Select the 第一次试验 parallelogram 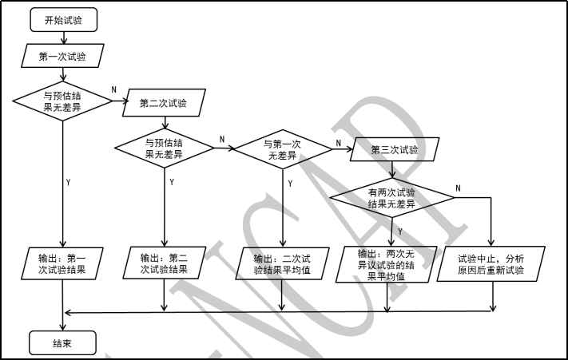(62, 57)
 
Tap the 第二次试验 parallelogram (164, 103)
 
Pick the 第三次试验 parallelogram (393, 148)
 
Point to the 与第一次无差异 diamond (282, 148)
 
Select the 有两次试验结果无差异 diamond (391, 198)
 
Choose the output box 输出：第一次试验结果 (62, 264)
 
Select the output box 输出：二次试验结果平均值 (282, 264)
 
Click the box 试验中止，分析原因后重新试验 (491, 264)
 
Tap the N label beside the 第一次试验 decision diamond (113, 89)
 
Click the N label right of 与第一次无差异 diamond (338, 144)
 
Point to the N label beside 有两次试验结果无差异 (458, 188)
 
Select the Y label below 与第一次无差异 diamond (289, 184)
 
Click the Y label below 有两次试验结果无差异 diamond (400, 231)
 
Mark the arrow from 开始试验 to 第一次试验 (62, 37)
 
